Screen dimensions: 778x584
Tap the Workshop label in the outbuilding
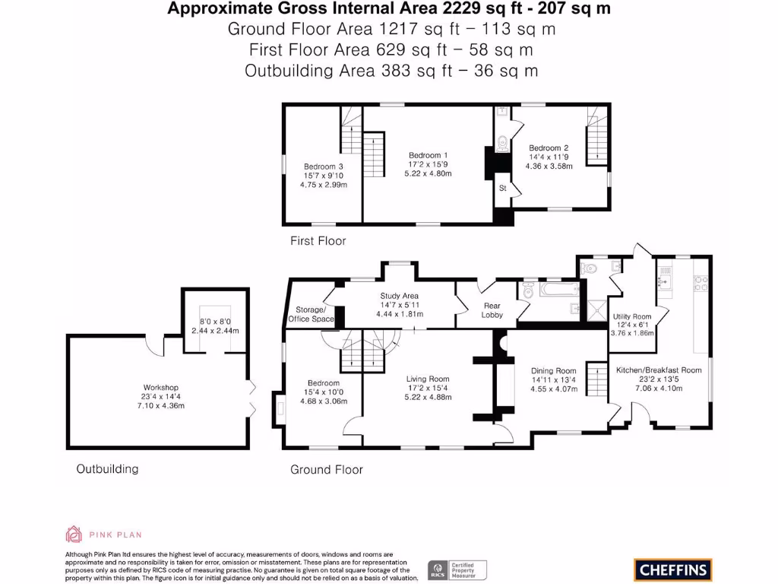(161, 387)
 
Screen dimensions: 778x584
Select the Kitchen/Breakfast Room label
(659, 370)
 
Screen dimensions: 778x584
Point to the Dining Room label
(553, 371)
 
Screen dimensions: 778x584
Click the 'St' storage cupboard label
(503, 189)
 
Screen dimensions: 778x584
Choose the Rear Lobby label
(492, 310)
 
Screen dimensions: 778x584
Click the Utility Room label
(631, 316)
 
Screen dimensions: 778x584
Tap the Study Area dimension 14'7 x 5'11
(399, 305)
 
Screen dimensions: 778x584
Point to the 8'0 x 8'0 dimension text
(215, 322)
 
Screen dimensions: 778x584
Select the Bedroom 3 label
(324, 167)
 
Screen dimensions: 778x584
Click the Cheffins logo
(673, 570)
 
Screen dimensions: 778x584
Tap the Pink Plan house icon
(74, 535)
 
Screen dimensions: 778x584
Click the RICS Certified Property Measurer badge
(457, 570)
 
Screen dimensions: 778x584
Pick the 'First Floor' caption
(318, 241)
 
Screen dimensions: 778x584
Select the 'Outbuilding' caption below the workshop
(107, 468)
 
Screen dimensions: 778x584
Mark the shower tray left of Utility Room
(597, 310)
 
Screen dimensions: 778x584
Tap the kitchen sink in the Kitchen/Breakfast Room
(666, 283)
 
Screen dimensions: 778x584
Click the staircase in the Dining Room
(597, 379)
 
